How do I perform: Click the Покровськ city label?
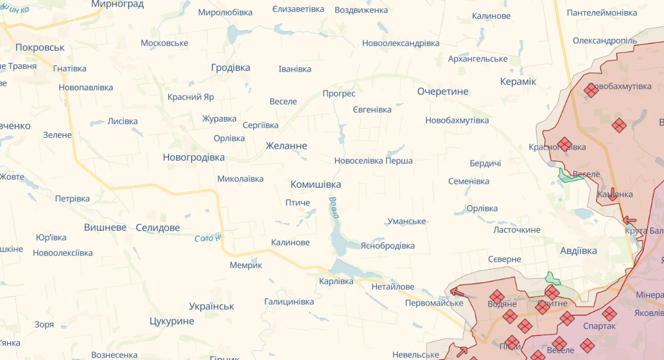tap(40, 47)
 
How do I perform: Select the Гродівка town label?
tap(231, 68)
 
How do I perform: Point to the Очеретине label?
tap(442, 91)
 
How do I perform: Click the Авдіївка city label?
tap(578, 250)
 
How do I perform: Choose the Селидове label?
tap(158, 227)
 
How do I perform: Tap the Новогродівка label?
tap(194, 157)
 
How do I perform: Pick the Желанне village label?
tap(287, 146)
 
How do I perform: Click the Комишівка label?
tap(316, 185)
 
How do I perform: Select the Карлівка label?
tap(337, 281)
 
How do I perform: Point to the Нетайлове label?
tap(393, 287)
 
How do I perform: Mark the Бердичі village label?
tap(485, 163)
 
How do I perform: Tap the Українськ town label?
tap(212, 306)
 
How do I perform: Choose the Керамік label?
tap(518, 81)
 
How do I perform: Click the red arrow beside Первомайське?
tap(457, 293)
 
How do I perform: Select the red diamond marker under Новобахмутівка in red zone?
tap(591, 90)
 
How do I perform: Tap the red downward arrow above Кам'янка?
tap(612, 193)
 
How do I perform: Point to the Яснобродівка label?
tap(388, 246)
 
